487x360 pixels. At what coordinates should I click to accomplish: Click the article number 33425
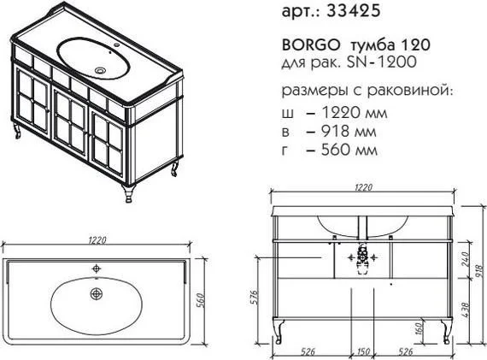[x=354, y=11]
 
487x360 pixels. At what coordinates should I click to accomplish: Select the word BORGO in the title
[x=311, y=45]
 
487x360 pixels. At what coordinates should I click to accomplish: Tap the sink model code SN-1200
[x=381, y=62]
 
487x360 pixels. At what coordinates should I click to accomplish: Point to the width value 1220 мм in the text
[x=354, y=113]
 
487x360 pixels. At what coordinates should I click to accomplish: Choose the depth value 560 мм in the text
[x=349, y=150]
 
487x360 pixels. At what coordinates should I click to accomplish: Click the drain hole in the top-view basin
[x=97, y=293]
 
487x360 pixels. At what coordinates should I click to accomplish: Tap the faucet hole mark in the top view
[x=97, y=268]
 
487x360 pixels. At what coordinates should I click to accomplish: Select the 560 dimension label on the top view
[x=200, y=301]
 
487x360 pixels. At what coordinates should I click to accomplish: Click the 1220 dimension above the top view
[x=97, y=240]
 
